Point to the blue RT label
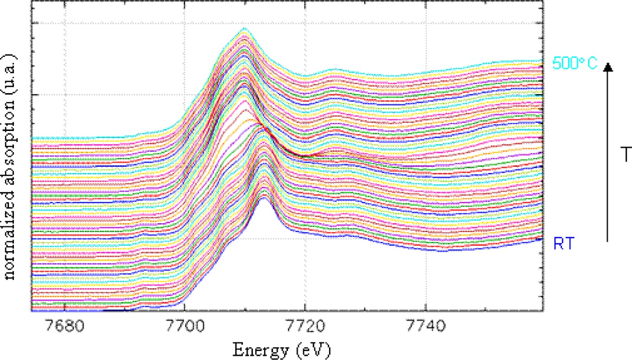564,244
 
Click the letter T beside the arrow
627,155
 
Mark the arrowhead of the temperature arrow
608,67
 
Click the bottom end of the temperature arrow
608,241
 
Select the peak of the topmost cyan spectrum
245,28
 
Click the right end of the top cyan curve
541,61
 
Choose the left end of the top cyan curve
33,137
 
